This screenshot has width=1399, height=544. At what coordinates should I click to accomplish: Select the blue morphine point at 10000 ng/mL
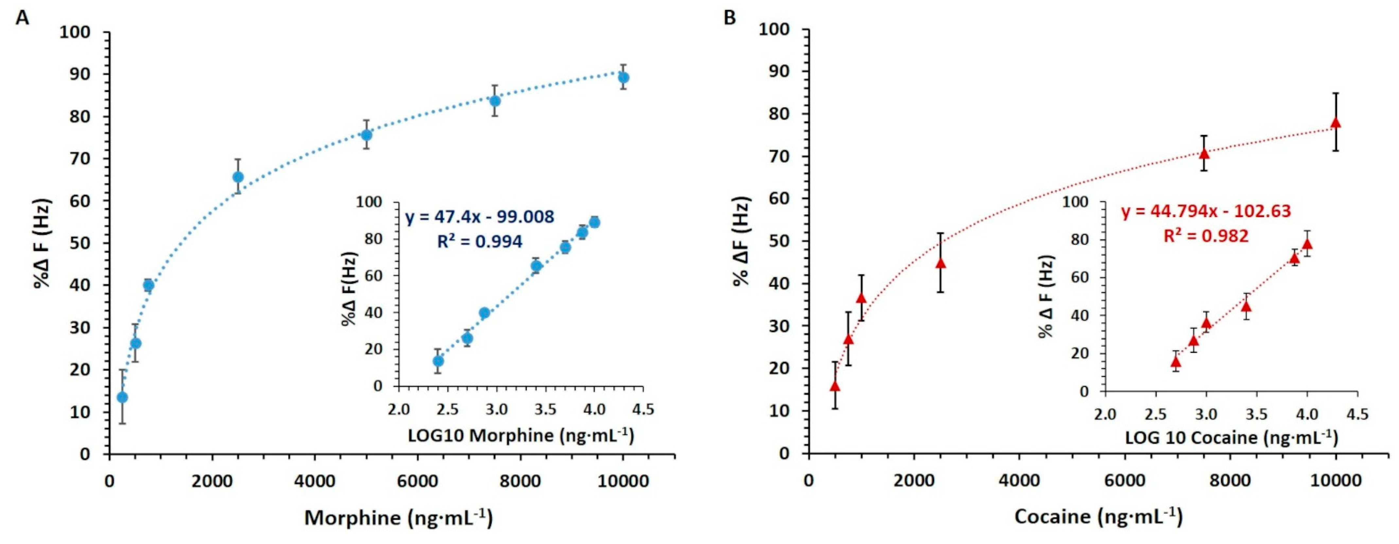click(623, 78)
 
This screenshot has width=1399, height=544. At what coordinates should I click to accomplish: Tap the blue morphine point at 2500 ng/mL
click(238, 177)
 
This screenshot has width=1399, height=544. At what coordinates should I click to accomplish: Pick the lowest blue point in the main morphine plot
click(122, 397)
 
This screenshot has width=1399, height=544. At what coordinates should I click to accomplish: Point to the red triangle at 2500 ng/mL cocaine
click(941, 263)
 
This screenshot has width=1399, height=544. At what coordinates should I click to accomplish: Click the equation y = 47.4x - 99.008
click(480, 217)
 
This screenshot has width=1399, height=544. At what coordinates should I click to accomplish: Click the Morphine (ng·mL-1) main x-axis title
click(398, 518)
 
